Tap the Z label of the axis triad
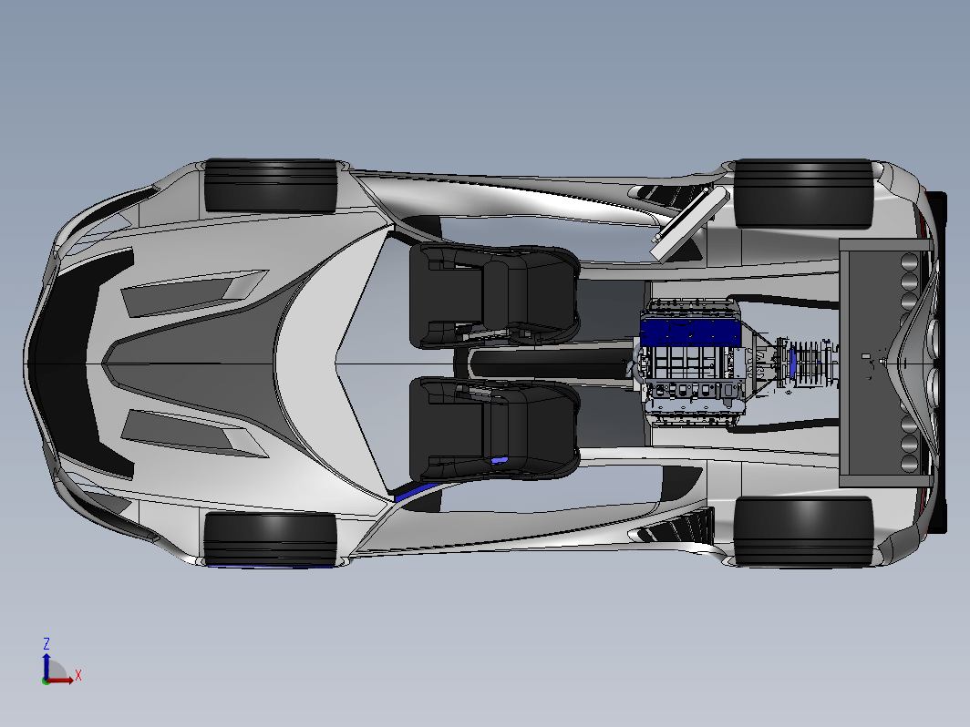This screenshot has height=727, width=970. [x=46, y=643]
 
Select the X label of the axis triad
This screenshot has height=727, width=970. [x=78, y=675]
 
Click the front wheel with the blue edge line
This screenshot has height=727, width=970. [x=270, y=538]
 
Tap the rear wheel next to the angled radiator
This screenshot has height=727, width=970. [x=803, y=193]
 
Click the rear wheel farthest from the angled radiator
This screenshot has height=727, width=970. [x=803, y=531]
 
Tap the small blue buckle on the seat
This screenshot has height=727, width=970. [x=499, y=461]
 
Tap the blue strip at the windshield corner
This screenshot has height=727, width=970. [x=415, y=492]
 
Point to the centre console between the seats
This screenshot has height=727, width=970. [x=547, y=363]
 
